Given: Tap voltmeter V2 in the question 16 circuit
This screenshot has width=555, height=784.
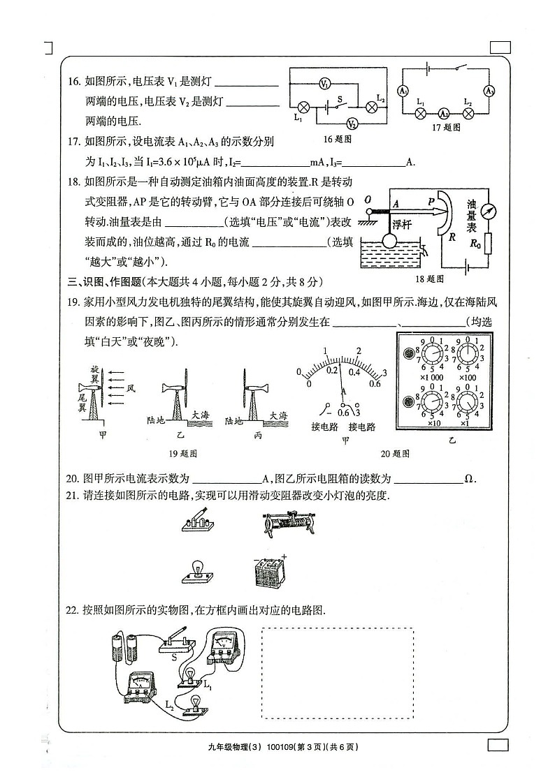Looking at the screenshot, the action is (x=352, y=124).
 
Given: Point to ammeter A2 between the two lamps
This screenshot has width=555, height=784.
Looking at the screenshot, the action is (x=443, y=113).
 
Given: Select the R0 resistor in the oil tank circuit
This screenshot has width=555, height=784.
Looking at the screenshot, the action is (x=487, y=244).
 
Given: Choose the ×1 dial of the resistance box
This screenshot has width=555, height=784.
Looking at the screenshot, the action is (x=468, y=404).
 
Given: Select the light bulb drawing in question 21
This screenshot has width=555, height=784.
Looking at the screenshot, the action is (x=199, y=569).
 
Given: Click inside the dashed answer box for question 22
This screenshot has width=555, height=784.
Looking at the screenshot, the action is (x=337, y=672).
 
